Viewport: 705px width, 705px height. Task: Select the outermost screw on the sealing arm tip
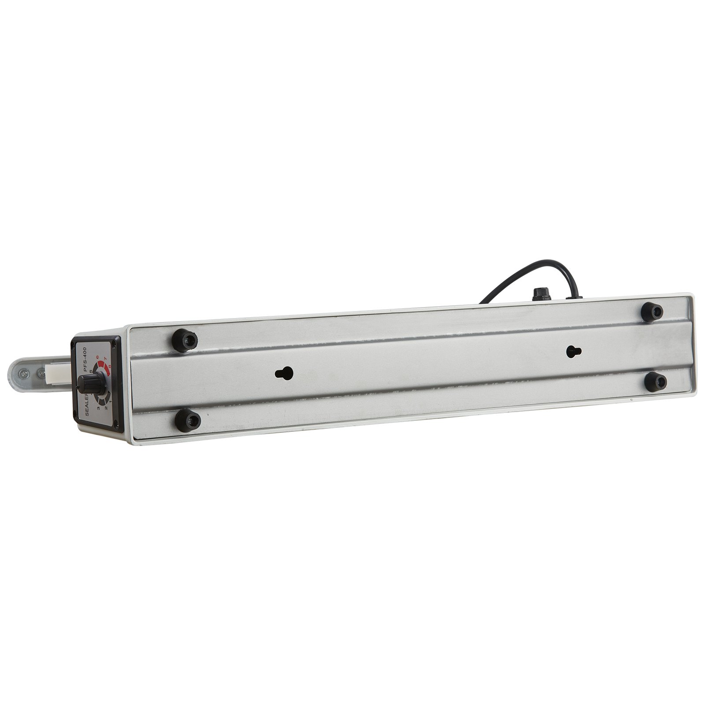point(22,373)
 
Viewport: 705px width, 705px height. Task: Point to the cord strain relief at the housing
point(571,298)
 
